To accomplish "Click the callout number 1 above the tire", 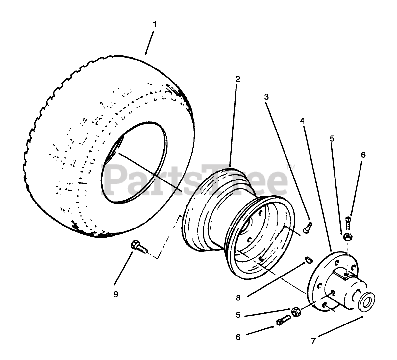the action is point(155,25).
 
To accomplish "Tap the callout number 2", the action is point(238,79).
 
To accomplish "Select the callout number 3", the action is point(266,97).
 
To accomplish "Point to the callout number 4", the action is point(302,121).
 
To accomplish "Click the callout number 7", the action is point(313,341).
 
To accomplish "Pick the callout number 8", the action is point(238,298).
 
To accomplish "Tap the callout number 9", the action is point(116,294).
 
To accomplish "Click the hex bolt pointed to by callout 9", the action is point(139,247).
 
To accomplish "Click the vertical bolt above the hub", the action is point(348,224).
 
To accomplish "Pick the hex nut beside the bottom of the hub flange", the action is point(296,313).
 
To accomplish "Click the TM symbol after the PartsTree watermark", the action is point(290,167).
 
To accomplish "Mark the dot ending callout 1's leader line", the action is point(146,54).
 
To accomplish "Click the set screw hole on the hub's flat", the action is point(345,274).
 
